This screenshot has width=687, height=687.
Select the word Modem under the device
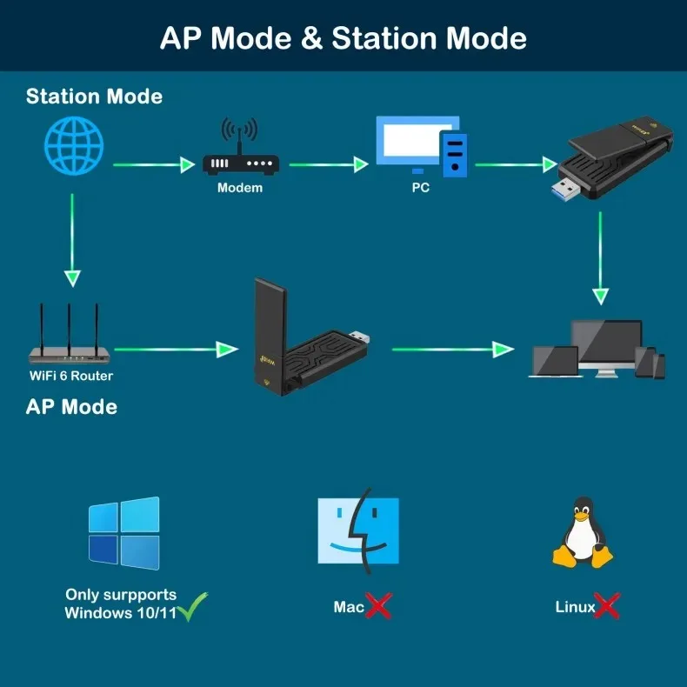click(x=240, y=187)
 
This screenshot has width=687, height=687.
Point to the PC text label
click(x=421, y=187)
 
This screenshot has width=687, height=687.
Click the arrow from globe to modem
click(x=153, y=163)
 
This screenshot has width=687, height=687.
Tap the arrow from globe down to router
click(x=73, y=239)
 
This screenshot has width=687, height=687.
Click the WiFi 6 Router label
click(x=71, y=376)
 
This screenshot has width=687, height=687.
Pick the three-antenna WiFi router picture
click(x=70, y=335)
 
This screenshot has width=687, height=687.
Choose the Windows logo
click(x=123, y=533)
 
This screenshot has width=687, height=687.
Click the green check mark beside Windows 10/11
click(x=192, y=606)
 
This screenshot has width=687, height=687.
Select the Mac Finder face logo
click(x=357, y=530)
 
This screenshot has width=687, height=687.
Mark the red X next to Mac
click(x=377, y=606)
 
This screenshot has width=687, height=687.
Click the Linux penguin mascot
click(x=584, y=533)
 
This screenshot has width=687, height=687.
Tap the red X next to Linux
click(x=606, y=606)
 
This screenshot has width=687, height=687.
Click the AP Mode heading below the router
click(x=71, y=406)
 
